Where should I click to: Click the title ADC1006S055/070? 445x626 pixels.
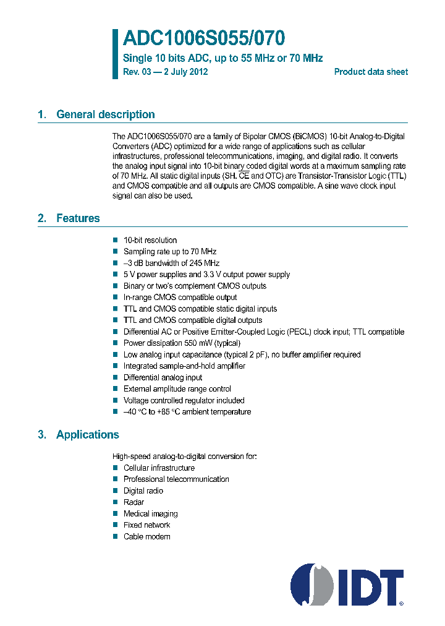(x=204, y=39)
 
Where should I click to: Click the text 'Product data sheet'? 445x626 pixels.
(x=371, y=72)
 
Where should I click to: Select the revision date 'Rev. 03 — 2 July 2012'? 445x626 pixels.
(x=166, y=72)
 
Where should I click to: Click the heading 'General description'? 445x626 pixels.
(x=105, y=114)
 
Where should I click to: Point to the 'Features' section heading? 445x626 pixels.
(x=78, y=218)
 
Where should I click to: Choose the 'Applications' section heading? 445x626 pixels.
(x=87, y=435)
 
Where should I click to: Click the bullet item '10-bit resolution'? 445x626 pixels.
(x=150, y=240)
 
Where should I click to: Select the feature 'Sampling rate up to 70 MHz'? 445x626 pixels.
(x=170, y=252)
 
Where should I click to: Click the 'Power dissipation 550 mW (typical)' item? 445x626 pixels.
(x=182, y=343)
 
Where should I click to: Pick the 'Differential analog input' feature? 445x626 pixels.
(x=163, y=377)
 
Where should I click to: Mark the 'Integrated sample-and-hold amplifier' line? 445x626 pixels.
(x=184, y=366)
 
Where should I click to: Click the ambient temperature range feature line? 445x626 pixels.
(x=187, y=412)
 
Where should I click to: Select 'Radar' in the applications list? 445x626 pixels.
(x=133, y=502)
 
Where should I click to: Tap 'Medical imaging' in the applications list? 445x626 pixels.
(x=150, y=513)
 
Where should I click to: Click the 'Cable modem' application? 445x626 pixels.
(x=146, y=536)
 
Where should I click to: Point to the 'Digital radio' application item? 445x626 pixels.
(x=143, y=491)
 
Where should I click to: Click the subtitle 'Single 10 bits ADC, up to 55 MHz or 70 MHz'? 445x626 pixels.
(x=223, y=58)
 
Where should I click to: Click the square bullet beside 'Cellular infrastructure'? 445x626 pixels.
(x=115, y=468)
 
